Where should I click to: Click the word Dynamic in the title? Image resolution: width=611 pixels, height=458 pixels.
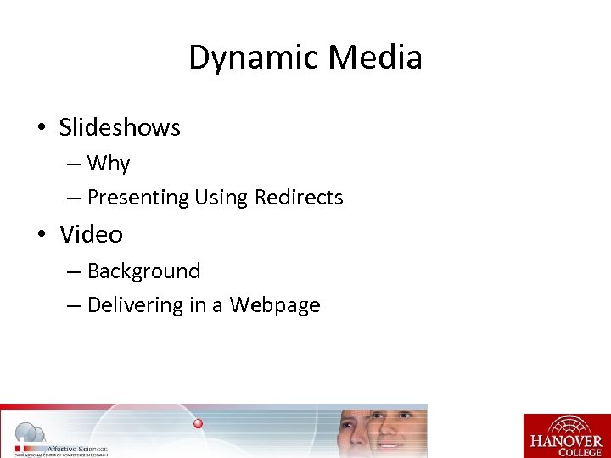[252, 58]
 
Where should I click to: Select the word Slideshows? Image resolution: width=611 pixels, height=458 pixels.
[120, 127]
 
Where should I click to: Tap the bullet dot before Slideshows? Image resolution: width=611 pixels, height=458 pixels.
[41, 128]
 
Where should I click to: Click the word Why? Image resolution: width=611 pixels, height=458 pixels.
[109, 163]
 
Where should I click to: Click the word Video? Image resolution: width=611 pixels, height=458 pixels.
[91, 234]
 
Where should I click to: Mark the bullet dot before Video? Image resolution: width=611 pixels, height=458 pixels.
[41, 235]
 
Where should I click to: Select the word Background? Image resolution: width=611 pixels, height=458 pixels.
[144, 271]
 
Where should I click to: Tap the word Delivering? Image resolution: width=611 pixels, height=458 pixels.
[135, 305]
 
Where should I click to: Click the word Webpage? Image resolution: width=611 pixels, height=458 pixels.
[275, 305]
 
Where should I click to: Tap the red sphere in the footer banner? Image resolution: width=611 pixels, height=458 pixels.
[198, 423]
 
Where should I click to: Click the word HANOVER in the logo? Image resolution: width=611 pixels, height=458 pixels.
[566, 440]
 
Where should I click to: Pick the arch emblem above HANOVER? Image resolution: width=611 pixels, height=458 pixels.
[566, 424]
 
